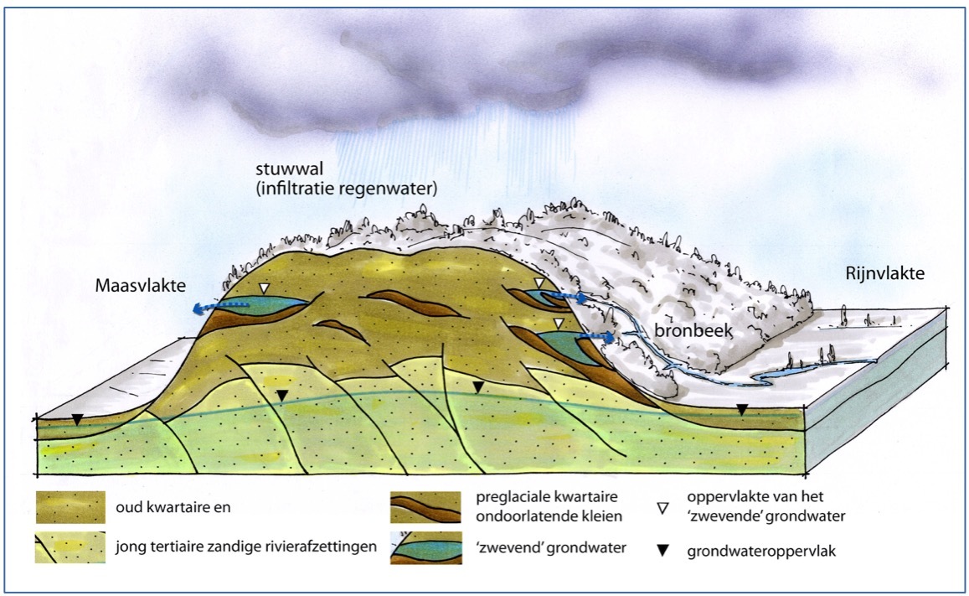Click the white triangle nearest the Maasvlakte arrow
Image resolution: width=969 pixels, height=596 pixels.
tap(265, 288)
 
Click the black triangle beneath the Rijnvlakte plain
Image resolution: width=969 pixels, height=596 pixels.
tap(741, 408)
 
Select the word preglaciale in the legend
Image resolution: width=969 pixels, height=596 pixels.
tap(508, 498)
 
